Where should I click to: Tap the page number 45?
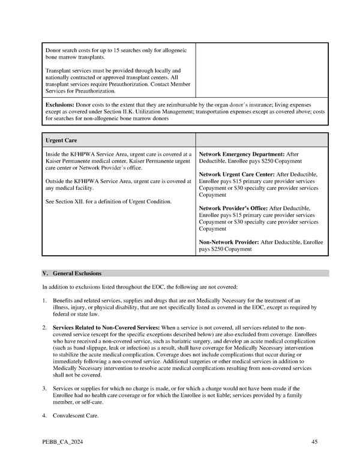pyautogui.click(x=314, y=443)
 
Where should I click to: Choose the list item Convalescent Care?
pyautogui.click(x=76, y=415)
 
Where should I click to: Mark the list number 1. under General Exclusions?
pyautogui.click(x=45, y=300)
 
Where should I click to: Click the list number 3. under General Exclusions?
pyautogui.click(x=45, y=389)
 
